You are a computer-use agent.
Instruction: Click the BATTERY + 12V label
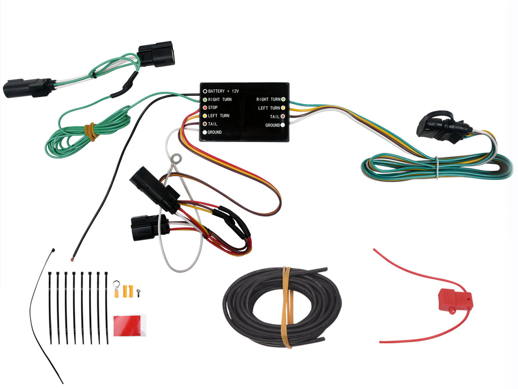tap(223, 91)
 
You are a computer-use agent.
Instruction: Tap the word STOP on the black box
tap(213, 107)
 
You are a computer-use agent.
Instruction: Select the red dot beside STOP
tap(205, 107)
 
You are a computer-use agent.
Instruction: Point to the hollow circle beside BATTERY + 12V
tap(205, 91)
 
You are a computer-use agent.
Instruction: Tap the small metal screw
tap(138, 292)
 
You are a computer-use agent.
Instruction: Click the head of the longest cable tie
tap(53, 250)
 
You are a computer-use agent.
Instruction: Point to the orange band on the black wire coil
tap(287, 307)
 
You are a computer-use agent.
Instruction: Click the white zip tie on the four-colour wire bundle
tap(437, 167)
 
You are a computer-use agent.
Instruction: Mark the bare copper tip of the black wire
tap(73, 258)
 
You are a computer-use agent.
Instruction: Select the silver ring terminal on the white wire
tap(176, 158)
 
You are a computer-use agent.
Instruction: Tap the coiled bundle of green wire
tap(72, 140)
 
